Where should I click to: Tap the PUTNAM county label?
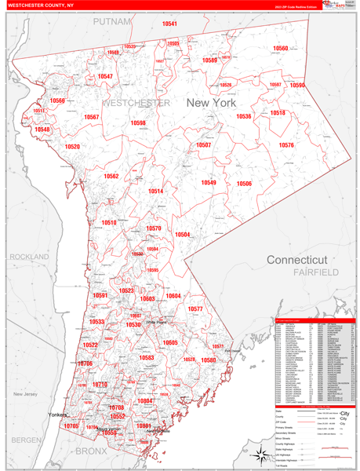click(112, 21)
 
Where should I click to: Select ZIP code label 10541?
click(169, 24)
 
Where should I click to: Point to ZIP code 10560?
click(280, 49)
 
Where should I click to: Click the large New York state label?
click(210, 103)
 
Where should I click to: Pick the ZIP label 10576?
click(286, 145)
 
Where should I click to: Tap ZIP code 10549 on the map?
click(208, 183)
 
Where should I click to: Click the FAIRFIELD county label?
click(315, 272)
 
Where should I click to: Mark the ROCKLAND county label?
click(29, 257)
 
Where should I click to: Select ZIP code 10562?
click(111, 177)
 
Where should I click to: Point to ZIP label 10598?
click(138, 123)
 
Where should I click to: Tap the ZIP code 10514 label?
click(155, 192)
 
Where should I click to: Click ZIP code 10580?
click(209, 360)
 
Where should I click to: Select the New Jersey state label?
click(25, 393)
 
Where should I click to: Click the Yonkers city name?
click(58, 414)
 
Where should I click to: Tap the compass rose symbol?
click(258, 453)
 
